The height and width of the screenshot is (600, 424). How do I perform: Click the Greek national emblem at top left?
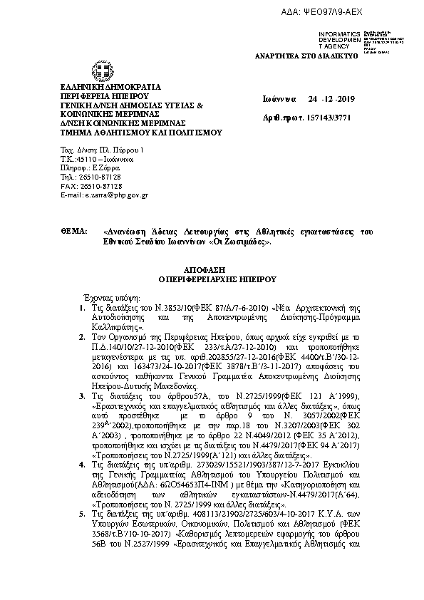pos(98,71)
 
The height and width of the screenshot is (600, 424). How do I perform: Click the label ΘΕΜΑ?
pos(73,232)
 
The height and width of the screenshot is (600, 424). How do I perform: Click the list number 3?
pos(83,395)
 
